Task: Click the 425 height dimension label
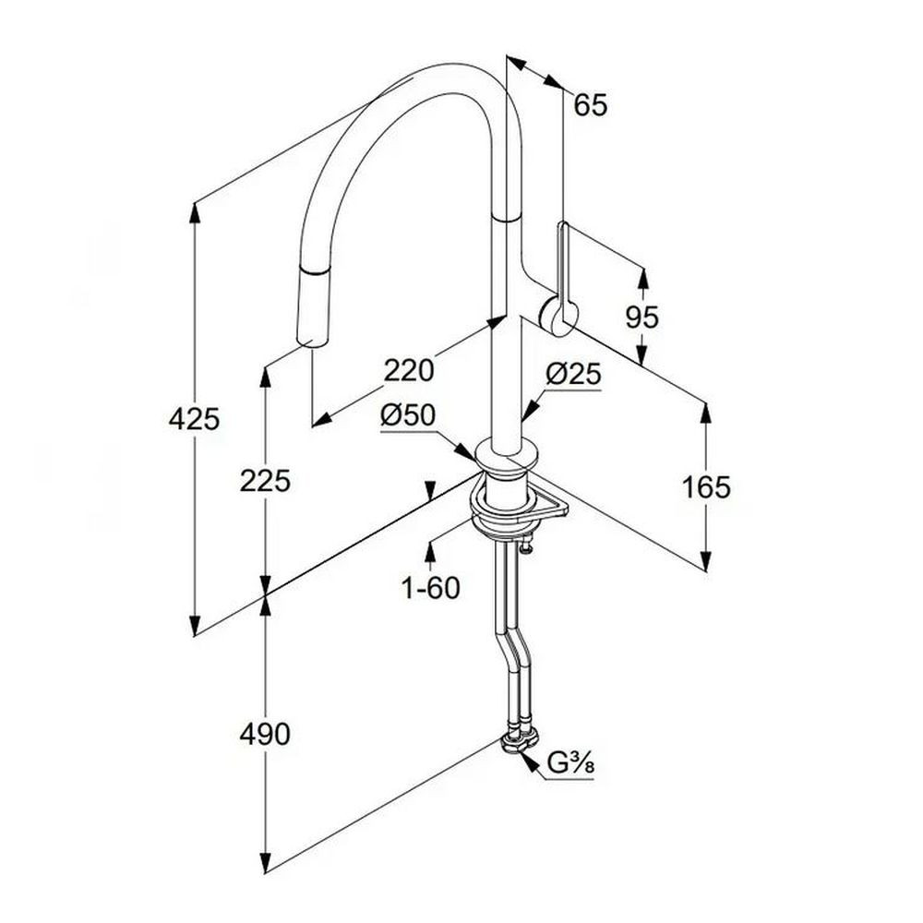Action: [x=194, y=419]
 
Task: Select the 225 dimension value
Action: [x=265, y=481]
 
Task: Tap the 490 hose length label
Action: [x=265, y=734]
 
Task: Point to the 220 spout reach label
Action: [x=409, y=371]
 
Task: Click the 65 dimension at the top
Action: [x=591, y=105]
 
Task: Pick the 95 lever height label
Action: [x=642, y=318]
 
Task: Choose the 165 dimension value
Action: [x=706, y=487]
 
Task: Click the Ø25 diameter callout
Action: [x=573, y=375]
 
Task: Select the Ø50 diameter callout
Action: [x=408, y=415]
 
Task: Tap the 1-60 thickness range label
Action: [x=430, y=587]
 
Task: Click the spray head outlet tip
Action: [x=310, y=342]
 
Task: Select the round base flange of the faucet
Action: [x=508, y=456]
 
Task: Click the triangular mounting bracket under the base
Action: [x=547, y=505]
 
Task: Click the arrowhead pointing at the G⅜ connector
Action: [x=530, y=762]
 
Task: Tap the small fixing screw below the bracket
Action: [x=526, y=545]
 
